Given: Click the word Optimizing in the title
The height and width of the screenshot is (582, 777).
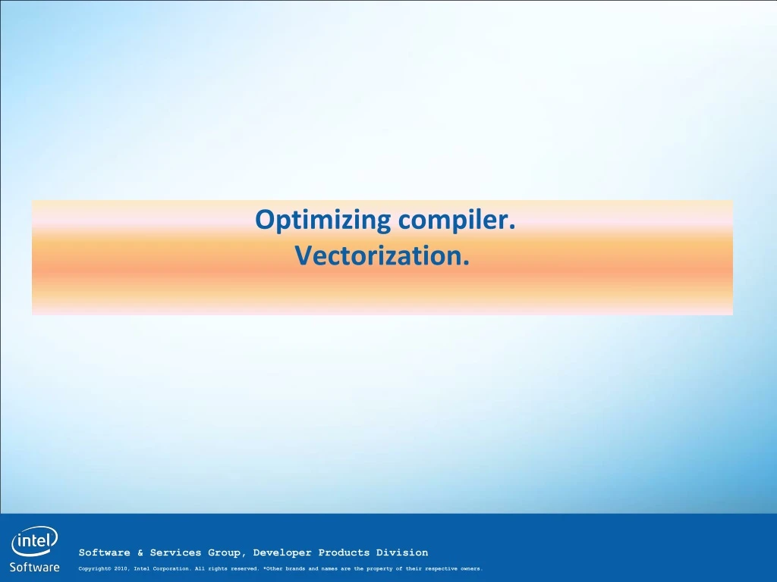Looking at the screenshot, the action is point(323,221).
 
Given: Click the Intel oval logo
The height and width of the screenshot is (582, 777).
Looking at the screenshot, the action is point(34,541).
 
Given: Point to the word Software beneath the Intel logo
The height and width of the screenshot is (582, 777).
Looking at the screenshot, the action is point(35,567).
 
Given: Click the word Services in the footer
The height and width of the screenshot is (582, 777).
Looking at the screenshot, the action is point(176,552).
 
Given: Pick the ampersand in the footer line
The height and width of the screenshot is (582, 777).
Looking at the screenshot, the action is point(140,552).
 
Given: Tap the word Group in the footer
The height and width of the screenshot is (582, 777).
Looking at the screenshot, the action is point(225,553).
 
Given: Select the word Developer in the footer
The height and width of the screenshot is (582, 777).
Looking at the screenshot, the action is point(282,553).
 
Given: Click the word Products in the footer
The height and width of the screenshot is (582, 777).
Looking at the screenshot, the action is point(344,552).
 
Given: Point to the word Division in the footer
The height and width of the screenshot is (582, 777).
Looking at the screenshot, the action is point(402,552).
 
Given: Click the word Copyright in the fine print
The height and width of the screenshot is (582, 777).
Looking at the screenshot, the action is point(95,569).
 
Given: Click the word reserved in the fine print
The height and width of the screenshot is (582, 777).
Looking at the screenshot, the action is point(245,569).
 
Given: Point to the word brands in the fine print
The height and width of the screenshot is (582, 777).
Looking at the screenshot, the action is point(295,569).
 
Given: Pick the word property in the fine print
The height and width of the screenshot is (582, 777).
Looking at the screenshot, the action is point(379,569).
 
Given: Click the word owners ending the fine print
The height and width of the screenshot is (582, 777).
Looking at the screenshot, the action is point(471,569).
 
